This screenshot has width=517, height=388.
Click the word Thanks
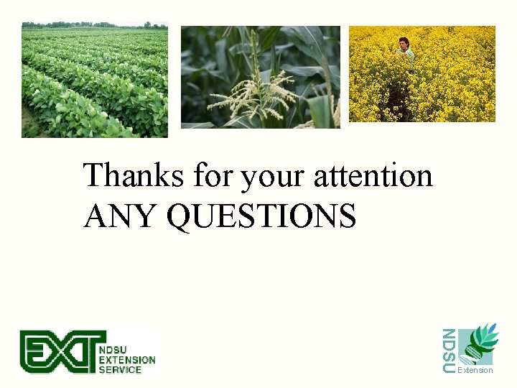tap(134, 175)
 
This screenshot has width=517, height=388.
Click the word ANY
tap(120, 216)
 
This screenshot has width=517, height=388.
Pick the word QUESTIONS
tap(261, 216)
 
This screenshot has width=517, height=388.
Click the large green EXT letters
tap(60, 352)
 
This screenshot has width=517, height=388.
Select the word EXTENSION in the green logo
tap(127, 359)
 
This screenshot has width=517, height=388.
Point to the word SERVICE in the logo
tap(121, 369)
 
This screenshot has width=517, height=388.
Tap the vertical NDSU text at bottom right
tap(448, 351)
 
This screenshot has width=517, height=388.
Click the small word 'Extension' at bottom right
tap(475, 370)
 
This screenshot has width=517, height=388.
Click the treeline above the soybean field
tap(93, 25)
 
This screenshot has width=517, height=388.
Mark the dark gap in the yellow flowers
tap(396, 104)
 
